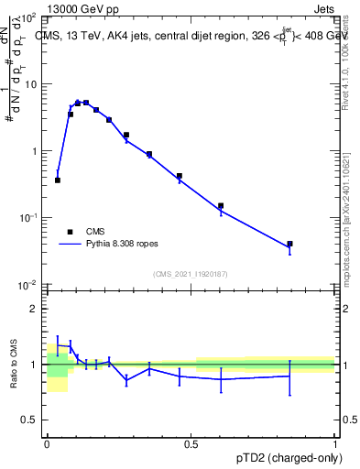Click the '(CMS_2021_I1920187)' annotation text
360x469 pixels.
pos(190,273)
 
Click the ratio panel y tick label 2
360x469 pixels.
pos(32,309)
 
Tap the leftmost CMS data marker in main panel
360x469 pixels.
pos(58,180)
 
